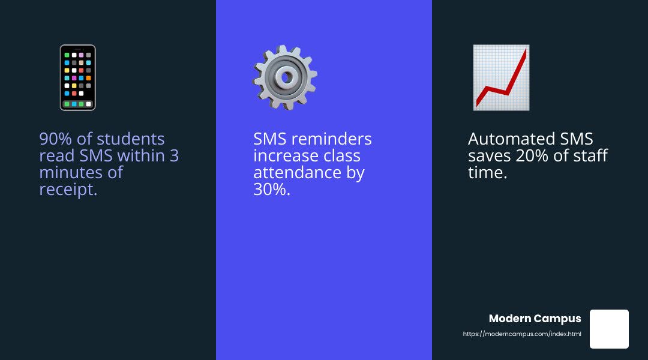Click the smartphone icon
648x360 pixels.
click(78, 77)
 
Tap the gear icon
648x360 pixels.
click(286, 77)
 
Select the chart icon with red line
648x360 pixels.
click(501, 77)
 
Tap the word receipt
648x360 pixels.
click(68, 190)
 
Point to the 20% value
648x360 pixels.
click(539, 156)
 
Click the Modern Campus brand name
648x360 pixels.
click(535, 319)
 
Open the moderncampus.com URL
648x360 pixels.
click(522, 334)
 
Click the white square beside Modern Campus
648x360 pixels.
click(609, 329)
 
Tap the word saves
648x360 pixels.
click(490, 156)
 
